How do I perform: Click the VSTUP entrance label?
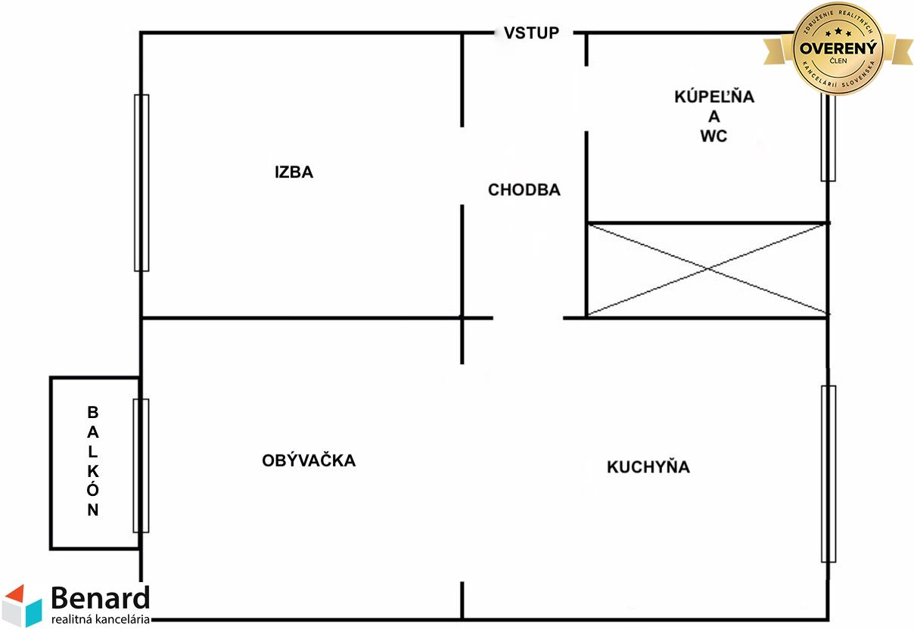pos(531,33)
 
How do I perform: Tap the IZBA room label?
pos(294,172)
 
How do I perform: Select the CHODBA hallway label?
pos(524,190)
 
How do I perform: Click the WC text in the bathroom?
pos(713,136)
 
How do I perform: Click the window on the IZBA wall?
pos(141,183)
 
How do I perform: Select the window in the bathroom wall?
pos(828,138)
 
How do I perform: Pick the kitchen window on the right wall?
pos(829,474)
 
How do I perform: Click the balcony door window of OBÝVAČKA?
pos(141,466)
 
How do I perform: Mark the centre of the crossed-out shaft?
pos(707,269)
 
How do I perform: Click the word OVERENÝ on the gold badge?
pos(838,48)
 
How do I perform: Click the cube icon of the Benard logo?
pos(22,606)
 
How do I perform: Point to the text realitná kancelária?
pos(101,619)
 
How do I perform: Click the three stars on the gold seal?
pos(838,32)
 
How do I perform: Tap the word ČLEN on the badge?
pos(838,60)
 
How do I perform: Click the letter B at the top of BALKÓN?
pos(92,412)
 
